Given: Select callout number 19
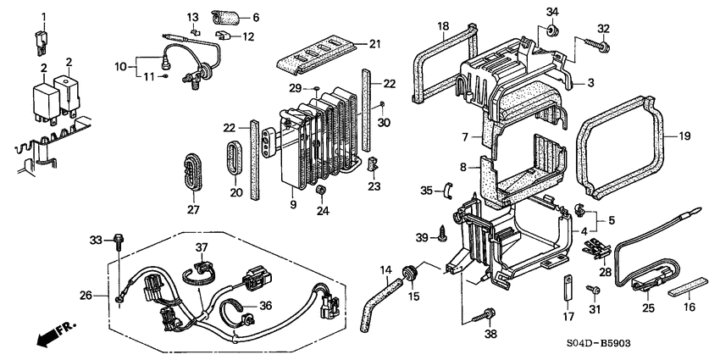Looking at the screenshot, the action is [684, 136].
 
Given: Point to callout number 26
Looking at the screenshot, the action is [86, 296].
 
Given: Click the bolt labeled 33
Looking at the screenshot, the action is [119, 240].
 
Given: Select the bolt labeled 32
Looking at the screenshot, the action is [596, 44].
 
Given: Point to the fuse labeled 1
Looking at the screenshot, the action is [41, 42].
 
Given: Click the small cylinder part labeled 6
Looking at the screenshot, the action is [226, 18].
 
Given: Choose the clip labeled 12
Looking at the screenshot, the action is [224, 36].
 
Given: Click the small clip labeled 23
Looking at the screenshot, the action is [373, 165].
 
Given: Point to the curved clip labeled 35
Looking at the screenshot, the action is [447, 191].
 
